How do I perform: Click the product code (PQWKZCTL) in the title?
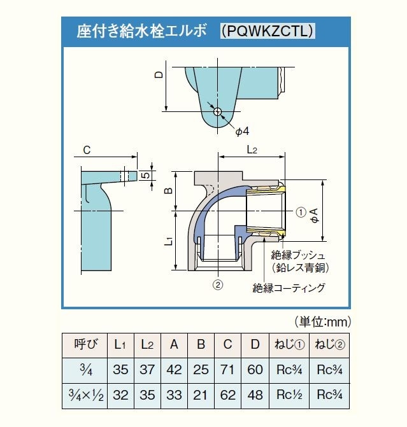point(267,31)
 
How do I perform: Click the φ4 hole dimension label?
point(242,131)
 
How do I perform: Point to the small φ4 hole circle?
point(217,111)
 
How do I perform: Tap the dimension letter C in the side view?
point(87,150)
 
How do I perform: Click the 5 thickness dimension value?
point(146,175)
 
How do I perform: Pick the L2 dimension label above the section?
point(252,150)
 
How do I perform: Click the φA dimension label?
point(314,216)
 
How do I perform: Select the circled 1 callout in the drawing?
point(301,212)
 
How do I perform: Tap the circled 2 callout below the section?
point(218,285)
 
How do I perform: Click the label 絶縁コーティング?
point(289,288)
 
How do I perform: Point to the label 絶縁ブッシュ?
point(298,255)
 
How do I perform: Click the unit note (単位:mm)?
point(323,322)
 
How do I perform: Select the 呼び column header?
point(85,344)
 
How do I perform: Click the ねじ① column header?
point(289,345)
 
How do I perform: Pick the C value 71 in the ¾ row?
point(227,370)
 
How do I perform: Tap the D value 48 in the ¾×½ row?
point(255,395)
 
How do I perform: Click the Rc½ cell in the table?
point(289,395)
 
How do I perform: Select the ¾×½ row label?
point(86,395)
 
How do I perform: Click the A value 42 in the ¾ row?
point(174,370)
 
